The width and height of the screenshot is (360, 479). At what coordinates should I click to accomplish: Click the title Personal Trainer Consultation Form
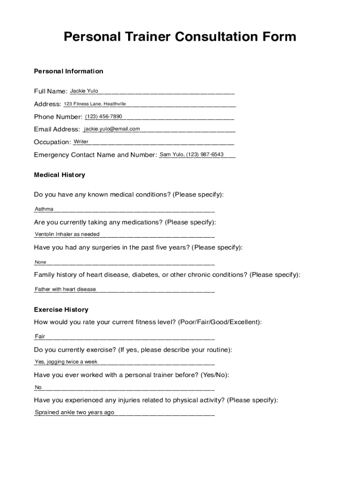coord(180,36)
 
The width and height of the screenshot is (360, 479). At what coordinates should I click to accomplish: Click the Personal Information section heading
coord(69,71)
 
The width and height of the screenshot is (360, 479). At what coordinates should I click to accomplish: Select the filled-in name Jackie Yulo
coord(84,91)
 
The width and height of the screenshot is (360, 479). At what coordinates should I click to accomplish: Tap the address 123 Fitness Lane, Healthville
coord(95,103)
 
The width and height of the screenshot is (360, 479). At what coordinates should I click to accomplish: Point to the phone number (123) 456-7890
coord(103,116)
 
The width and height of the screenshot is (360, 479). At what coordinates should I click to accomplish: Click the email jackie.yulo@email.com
coord(112,129)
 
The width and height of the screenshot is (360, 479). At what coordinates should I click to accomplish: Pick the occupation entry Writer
coord(81,141)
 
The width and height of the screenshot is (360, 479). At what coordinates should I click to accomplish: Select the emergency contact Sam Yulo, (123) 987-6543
coord(192,154)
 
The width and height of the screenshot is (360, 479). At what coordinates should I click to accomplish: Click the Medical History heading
coord(59,175)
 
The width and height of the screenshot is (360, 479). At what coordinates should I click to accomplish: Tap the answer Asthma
coord(44,209)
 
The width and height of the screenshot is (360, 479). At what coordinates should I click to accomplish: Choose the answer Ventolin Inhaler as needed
coord(67,234)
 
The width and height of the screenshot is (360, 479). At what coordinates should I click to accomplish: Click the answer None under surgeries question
coord(41,262)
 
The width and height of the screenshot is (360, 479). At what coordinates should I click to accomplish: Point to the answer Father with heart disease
coord(65,289)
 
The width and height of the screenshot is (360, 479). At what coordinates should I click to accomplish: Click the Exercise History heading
coord(61,310)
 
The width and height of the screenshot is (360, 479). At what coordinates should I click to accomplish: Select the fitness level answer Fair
coord(40,336)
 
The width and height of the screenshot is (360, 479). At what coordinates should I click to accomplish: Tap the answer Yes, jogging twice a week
coord(66,362)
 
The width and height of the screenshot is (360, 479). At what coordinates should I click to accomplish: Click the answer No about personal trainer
coord(38,387)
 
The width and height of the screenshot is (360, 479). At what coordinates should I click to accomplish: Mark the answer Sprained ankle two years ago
coord(74,412)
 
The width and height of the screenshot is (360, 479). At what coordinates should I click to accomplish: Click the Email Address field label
coord(57,130)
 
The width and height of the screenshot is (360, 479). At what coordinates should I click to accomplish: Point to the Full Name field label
coord(50,91)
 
